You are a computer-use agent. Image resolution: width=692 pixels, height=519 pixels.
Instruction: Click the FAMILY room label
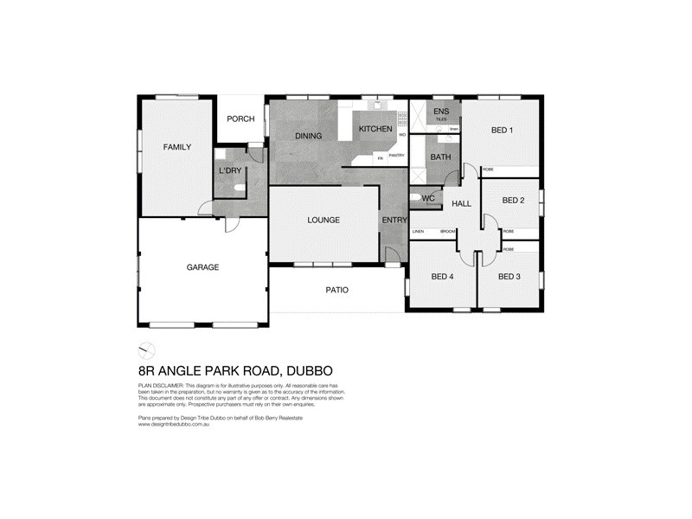point(177,148)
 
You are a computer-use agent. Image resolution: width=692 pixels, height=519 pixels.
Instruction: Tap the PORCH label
point(240,119)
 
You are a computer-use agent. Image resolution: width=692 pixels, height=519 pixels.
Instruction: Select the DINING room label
point(308,136)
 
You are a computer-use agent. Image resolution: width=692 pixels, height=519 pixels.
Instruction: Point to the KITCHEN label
point(375,129)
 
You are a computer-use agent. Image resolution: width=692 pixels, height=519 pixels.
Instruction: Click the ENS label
point(441,112)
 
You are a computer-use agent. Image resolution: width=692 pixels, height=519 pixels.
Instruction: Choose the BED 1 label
point(502,131)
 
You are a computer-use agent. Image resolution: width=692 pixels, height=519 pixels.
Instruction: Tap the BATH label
point(441,157)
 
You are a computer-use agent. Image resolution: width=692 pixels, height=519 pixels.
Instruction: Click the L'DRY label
point(230,170)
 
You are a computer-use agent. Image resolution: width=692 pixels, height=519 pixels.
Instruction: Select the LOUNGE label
point(324,221)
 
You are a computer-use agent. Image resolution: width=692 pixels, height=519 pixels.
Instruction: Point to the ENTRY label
point(394,221)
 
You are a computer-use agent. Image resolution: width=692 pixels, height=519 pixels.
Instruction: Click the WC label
point(427,199)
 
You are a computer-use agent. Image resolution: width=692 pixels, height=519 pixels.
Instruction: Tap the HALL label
point(462,203)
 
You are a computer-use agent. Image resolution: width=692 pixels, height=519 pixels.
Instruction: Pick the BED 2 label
point(514,201)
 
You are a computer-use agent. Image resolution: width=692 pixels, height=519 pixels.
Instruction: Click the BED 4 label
point(442,277)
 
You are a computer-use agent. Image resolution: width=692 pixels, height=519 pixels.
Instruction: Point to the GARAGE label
point(202,267)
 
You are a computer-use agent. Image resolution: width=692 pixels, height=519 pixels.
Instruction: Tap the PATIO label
point(336,290)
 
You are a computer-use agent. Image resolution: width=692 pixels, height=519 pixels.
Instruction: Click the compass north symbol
point(147,349)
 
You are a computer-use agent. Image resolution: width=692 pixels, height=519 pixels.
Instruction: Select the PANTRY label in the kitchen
point(396,155)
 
